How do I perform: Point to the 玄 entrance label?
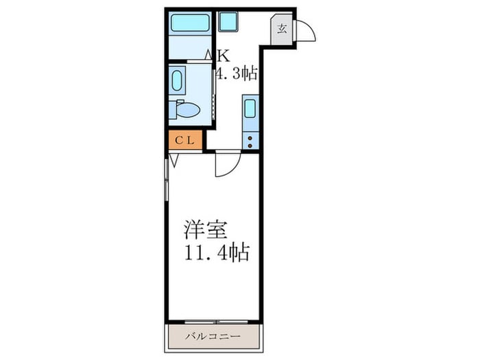point(282,29)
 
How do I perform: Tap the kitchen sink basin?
point(250,109)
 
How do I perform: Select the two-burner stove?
point(250,140)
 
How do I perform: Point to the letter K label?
point(223,56)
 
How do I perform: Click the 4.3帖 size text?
point(237,74)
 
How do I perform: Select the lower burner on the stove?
point(250,145)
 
